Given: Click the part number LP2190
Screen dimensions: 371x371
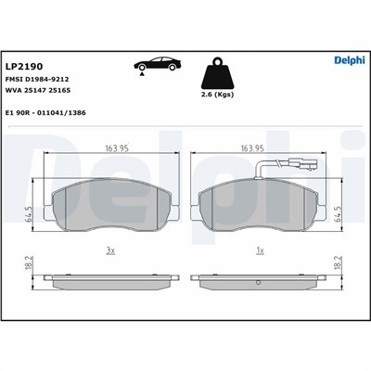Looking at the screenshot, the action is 24,67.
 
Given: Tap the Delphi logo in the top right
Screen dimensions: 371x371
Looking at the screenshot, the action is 350,60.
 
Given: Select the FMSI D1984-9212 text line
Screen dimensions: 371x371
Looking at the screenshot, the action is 37,79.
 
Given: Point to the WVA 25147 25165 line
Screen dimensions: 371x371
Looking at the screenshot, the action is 38,91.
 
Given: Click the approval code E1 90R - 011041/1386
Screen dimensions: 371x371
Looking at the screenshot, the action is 45,113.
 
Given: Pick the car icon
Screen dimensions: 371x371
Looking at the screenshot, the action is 158,63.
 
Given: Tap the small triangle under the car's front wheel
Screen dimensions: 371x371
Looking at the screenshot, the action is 142,73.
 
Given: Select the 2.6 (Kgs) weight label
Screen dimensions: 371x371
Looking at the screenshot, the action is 217,95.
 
